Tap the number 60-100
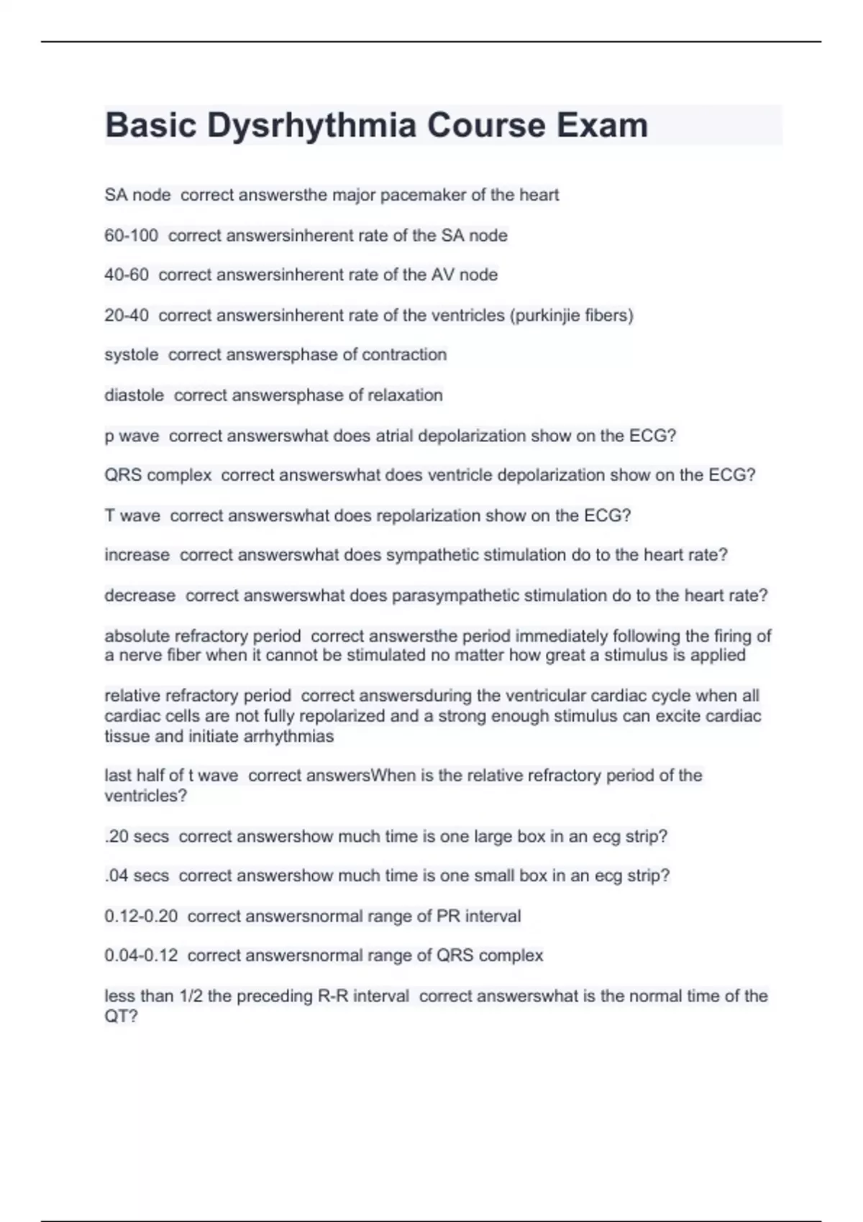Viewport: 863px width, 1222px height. [131, 235]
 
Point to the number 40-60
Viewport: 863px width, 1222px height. [126, 275]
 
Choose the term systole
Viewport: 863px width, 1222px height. [131, 354]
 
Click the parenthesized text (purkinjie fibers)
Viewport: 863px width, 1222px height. [571, 315]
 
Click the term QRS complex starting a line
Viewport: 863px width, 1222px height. [158, 475]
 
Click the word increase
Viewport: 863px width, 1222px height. [137, 555]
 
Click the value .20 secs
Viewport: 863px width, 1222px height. [137, 836]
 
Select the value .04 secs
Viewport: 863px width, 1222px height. [137, 876]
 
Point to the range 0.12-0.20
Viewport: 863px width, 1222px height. [141, 916]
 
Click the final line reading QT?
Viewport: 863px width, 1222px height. [121, 1016]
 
